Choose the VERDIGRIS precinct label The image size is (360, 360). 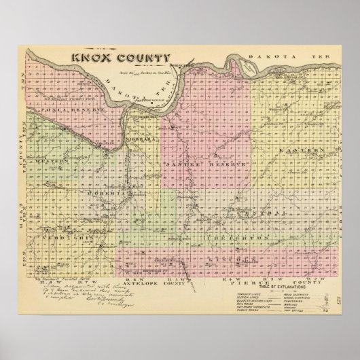[x=62, y=240]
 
